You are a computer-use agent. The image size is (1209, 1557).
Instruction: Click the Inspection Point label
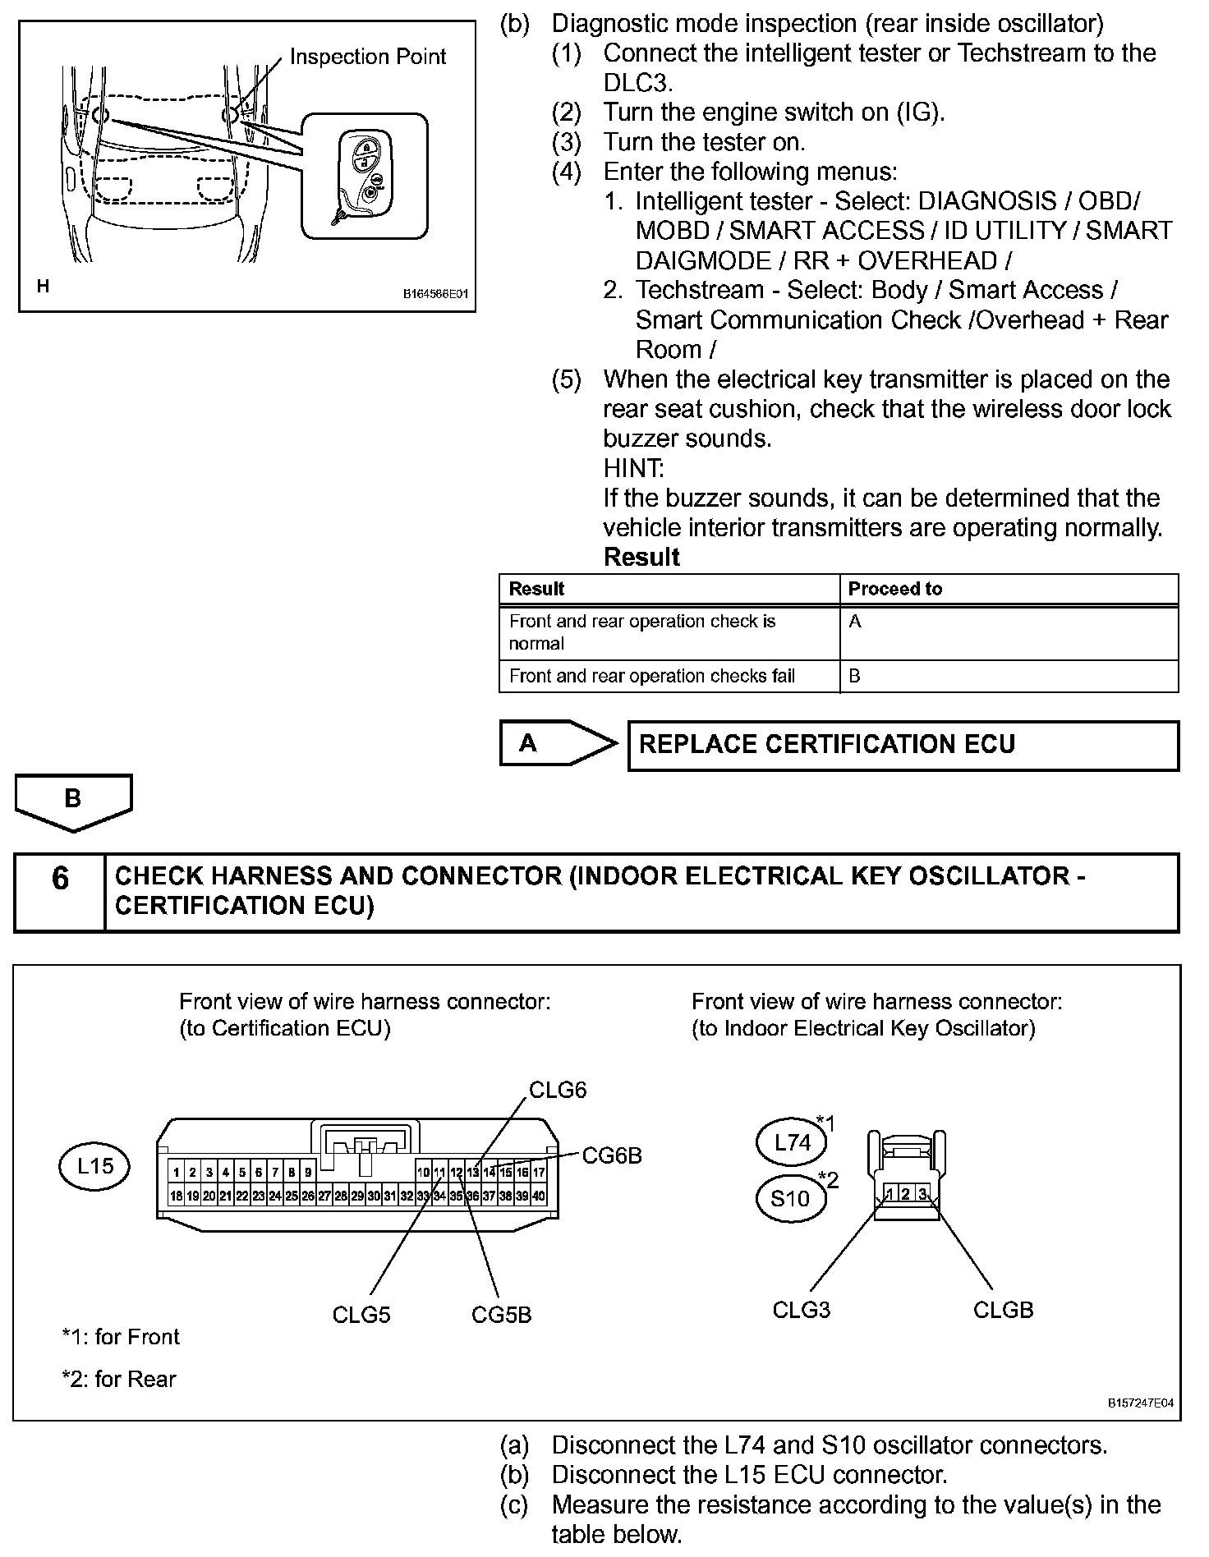[367, 57]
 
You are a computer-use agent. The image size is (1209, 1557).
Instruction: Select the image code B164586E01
[435, 293]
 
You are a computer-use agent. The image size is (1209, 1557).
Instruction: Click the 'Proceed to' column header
[894, 589]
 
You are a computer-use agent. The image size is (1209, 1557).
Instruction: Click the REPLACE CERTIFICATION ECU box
[903, 745]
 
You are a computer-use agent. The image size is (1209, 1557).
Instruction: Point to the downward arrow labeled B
[73, 801]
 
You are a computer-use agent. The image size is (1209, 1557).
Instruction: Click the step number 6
[60, 879]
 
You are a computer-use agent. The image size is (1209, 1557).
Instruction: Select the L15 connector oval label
[94, 1165]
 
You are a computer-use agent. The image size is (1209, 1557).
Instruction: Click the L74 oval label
[793, 1141]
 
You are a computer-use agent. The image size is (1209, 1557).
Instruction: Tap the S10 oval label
[790, 1198]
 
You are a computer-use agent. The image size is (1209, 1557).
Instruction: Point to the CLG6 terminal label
[558, 1090]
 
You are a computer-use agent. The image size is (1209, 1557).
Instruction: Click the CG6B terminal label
[611, 1155]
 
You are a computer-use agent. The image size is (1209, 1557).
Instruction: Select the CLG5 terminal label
[361, 1315]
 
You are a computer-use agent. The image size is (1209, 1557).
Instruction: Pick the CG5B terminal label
[501, 1315]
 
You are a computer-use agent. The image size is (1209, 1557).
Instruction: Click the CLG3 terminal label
[801, 1310]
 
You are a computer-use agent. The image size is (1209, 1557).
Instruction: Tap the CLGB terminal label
[1003, 1310]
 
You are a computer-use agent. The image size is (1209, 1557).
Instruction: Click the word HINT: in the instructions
[633, 468]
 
